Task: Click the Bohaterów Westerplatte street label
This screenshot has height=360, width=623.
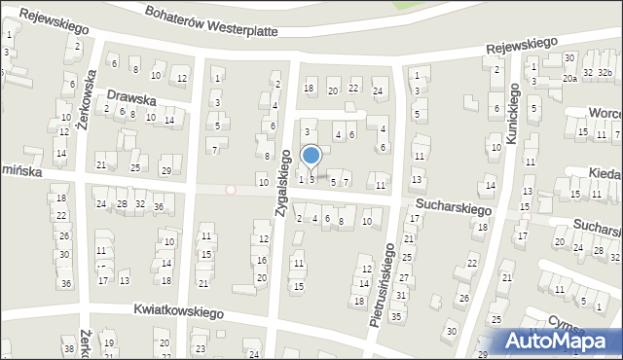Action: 209,23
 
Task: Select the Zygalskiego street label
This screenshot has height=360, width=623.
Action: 283,184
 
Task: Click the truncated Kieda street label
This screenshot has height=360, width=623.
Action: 605,172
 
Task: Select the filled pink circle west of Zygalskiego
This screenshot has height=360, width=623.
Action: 231,190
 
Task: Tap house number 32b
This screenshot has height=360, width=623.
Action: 605,72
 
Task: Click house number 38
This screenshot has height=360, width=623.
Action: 68,348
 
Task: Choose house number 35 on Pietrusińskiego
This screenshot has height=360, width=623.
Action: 396,316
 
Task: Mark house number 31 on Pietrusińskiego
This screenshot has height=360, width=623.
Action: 400,295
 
